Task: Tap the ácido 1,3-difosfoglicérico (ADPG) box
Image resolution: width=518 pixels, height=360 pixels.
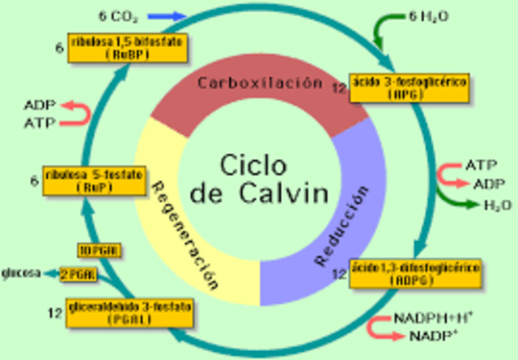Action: click(x=400, y=272)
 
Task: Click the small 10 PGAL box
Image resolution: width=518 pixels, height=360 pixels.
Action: click(x=100, y=250)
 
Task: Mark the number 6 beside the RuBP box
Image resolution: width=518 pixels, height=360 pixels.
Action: click(x=59, y=48)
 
